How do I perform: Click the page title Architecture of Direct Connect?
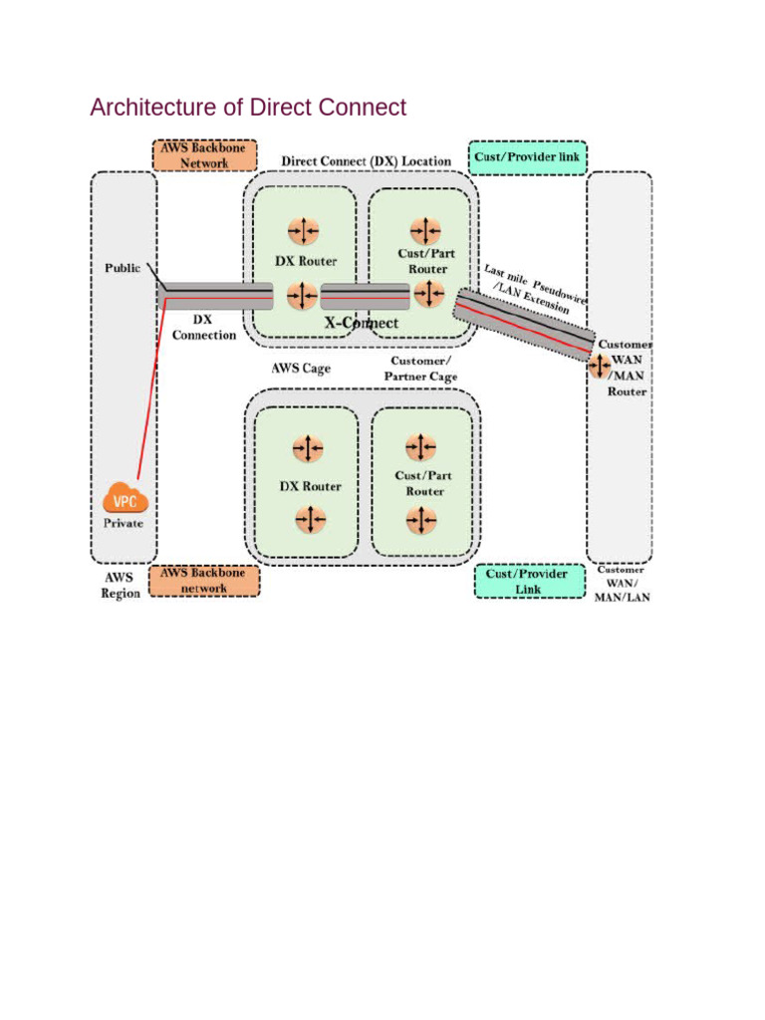coord(248,108)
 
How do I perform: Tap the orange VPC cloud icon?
coord(126,498)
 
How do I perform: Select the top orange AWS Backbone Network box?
coord(204,155)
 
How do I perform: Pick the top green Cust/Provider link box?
coord(527,156)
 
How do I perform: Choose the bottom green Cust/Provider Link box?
coord(527,581)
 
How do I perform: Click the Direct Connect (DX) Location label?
coord(366,161)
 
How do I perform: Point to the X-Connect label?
coord(362,323)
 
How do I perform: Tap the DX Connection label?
coord(203,328)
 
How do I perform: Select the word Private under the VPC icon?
coord(124,523)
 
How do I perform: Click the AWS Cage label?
coord(301,368)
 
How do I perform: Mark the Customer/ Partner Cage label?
coord(420,369)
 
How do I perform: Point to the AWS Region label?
coord(121,586)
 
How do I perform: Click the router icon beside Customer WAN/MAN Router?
coord(600,366)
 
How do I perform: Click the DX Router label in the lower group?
coord(308,486)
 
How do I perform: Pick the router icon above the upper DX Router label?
coord(303,232)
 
